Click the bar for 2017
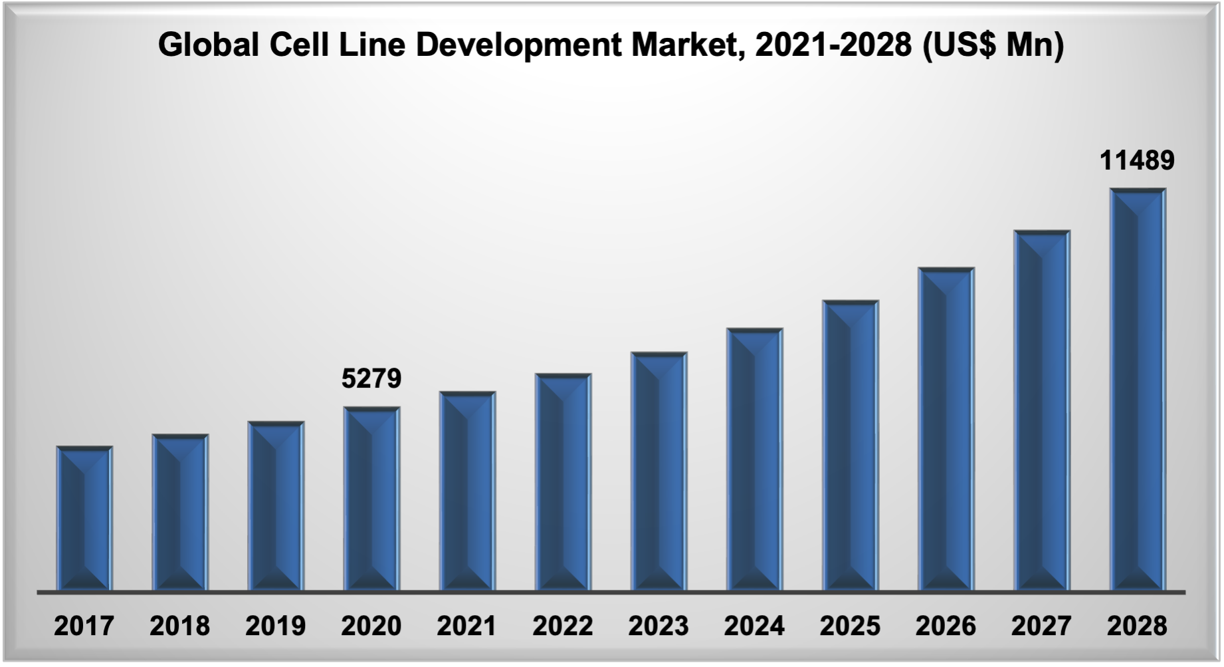[x=84, y=519]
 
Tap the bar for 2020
[x=371, y=499]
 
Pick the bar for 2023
[x=659, y=472]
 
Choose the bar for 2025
[x=850, y=446]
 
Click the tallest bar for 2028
[x=1137, y=390]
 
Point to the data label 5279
[x=371, y=378]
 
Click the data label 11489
[x=1137, y=160]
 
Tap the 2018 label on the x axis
[x=179, y=626]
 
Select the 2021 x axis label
[x=466, y=626]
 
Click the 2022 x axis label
[x=562, y=626]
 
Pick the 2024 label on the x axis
[x=754, y=626]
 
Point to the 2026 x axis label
[x=945, y=626]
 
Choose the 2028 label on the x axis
[x=1136, y=626]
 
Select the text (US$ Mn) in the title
[x=993, y=45]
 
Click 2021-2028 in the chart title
[x=833, y=45]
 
